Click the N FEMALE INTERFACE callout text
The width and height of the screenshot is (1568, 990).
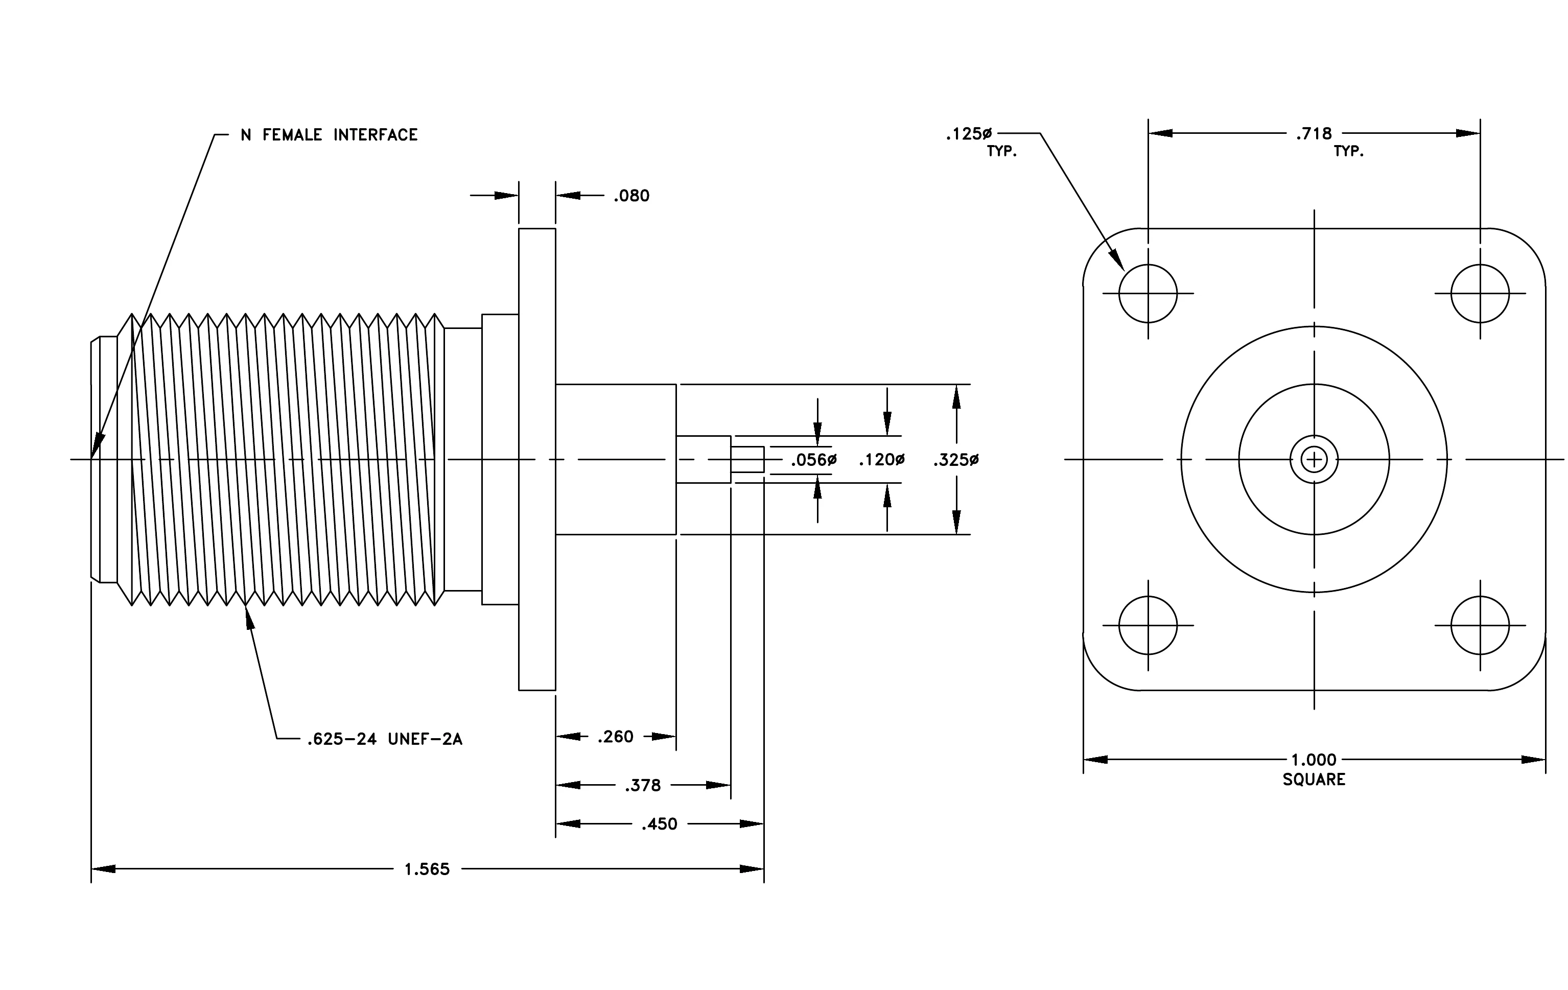329,135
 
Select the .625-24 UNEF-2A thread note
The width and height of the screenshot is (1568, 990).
385,739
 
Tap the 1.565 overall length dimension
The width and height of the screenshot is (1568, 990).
427,869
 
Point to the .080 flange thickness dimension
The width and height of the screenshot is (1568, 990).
631,196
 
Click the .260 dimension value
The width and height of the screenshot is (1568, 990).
615,736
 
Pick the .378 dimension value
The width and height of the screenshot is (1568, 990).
643,786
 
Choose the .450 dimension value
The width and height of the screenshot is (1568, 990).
660,824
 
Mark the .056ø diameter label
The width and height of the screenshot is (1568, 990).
814,460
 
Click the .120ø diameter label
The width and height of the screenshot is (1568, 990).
882,460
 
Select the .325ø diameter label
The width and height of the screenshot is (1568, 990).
956,460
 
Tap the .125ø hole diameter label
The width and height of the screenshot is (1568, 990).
969,134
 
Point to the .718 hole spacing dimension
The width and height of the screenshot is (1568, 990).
1314,133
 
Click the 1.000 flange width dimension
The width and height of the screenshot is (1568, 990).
1314,760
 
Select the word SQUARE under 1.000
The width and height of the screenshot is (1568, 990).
1314,779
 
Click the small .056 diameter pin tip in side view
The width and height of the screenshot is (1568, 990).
747,460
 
